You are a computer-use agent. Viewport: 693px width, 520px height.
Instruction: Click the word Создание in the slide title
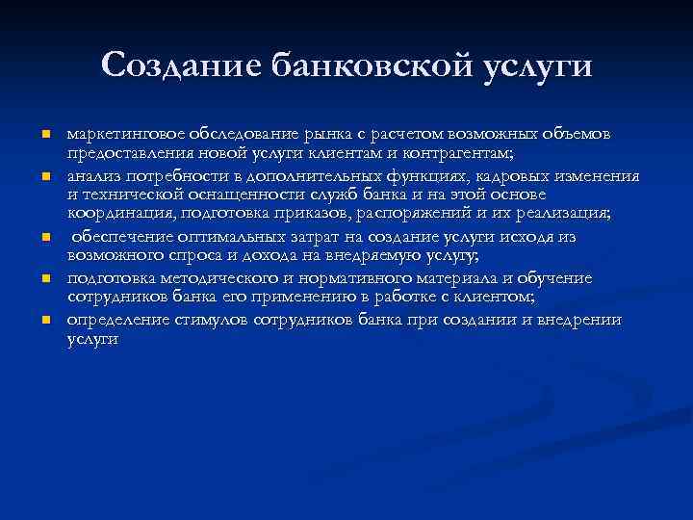180,66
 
